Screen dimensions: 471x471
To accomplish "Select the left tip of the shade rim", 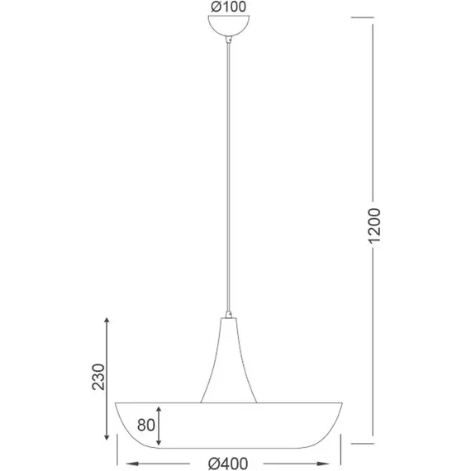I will [115, 403].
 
